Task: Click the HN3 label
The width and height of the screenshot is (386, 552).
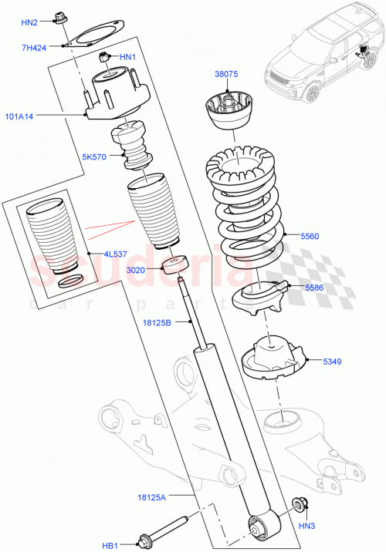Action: (307, 527)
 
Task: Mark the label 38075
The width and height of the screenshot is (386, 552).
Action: (226, 75)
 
